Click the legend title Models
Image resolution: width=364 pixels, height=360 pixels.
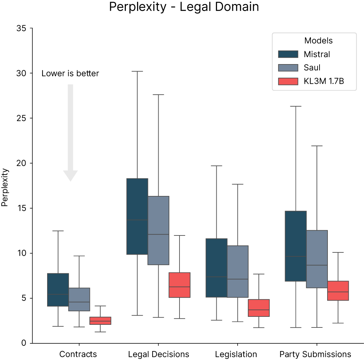(319, 41)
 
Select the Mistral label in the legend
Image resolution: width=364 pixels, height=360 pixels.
(317, 54)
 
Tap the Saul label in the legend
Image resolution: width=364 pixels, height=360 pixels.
(312, 68)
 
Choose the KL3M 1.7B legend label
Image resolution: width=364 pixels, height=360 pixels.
(324, 81)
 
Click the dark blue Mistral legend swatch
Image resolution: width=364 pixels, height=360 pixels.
(288, 54)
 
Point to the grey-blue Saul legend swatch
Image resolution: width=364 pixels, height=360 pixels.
(288, 68)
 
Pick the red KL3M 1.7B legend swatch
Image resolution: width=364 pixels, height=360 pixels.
(288, 81)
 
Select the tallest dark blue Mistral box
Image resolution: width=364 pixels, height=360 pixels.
(137, 199)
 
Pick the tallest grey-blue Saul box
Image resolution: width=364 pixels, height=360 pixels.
(159, 216)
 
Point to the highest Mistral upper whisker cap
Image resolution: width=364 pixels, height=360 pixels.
(137, 71)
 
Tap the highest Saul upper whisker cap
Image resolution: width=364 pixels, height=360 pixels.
(159, 95)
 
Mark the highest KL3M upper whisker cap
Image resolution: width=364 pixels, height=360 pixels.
(180, 235)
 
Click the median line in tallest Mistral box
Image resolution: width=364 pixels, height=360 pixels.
(137, 220)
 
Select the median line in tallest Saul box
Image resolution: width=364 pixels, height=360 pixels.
(159, 234)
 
